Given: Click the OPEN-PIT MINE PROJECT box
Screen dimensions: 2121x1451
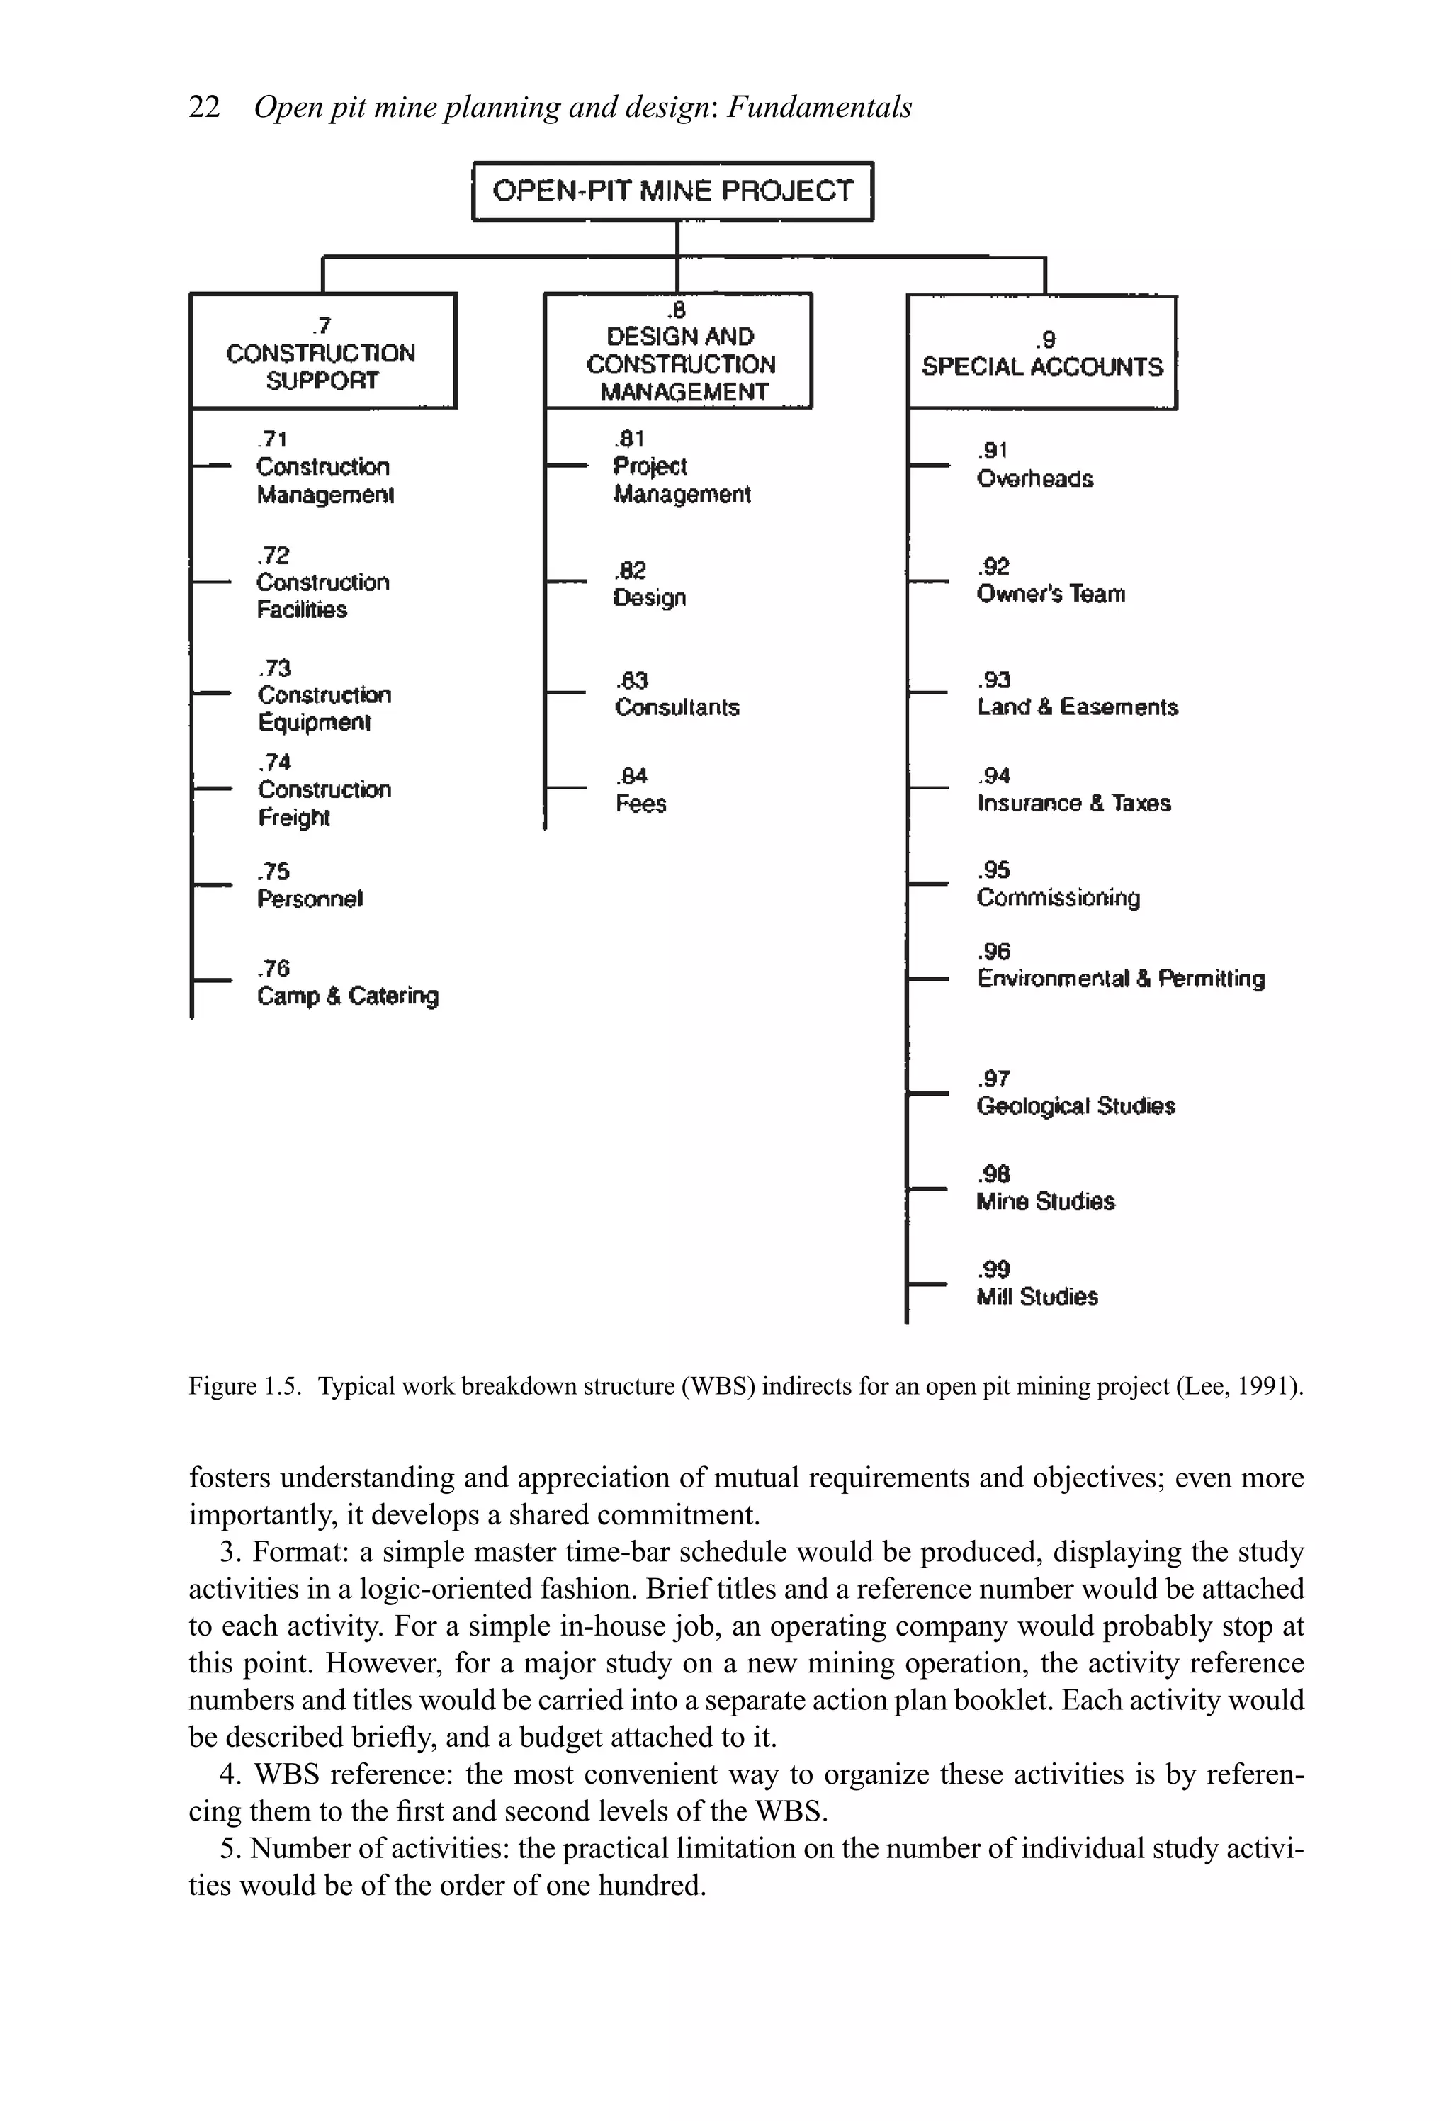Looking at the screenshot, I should [672, 191].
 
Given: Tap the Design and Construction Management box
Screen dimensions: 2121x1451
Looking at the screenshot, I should [678, 352].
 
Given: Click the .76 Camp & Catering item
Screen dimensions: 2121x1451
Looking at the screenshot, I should [346, 983].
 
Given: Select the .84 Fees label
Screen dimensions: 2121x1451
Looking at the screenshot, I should [640, 790].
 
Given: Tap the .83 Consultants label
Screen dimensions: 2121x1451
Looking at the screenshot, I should [676, 694].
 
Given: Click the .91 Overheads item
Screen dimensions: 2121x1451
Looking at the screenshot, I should [1034, 466].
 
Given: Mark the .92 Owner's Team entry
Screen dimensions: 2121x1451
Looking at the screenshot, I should [1051, 581].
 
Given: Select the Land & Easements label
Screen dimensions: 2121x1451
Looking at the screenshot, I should [1077, 707].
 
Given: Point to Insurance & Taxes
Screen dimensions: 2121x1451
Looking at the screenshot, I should [1073, 803].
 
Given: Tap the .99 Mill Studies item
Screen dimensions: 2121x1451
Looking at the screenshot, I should [1037, 1284].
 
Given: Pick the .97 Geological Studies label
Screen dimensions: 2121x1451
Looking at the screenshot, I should [1075, 1093].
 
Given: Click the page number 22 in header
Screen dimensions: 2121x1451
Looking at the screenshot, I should [205, 108].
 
